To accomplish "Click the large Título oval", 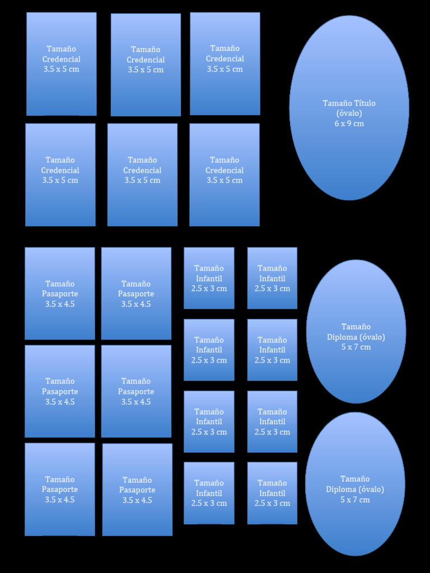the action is pyautogui.click(x=349, y=108).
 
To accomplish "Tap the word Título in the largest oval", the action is pyautogui.click(x=364, y=104).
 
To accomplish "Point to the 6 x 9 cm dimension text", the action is pyautogui.click(x=349, y=124).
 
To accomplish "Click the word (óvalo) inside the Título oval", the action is pyautogui.click(x=349, y=113).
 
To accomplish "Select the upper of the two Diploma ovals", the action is pyautogui.click(x=356, y=331).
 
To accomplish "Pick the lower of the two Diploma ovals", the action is pyautogui.click(x=355, y=484).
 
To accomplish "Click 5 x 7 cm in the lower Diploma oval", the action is pyautogui.click(x=355, y=500).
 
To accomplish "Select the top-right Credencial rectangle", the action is pyautogui.click(x=225, y=64).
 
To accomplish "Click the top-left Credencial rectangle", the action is pyautogui.click(x=62, y=64).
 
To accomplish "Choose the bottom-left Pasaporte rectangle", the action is pyautogui.click(x=59, y=489).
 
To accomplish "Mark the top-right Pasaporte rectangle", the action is pyautogui.click(x=136, y=293).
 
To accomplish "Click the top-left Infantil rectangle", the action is pyautogui.click(x=209, y=278).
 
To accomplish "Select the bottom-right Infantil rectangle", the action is pyautogui.click(x=272, y=493).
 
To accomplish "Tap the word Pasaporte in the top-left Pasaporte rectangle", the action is pyautogui.click(x=59, y=294).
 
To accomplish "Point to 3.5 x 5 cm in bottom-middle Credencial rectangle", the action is pyautogui.click(x=142, y=180).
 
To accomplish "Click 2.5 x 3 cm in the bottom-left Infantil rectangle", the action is pyautogui.click(x=209, y=503).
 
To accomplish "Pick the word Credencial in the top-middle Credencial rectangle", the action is pyautogui.click(x=146, y=59).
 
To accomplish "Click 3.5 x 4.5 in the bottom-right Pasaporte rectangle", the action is pyautogui.click(x=137, y=500).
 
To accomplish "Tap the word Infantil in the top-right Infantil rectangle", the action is pyautogui.click(x=272, y=279).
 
